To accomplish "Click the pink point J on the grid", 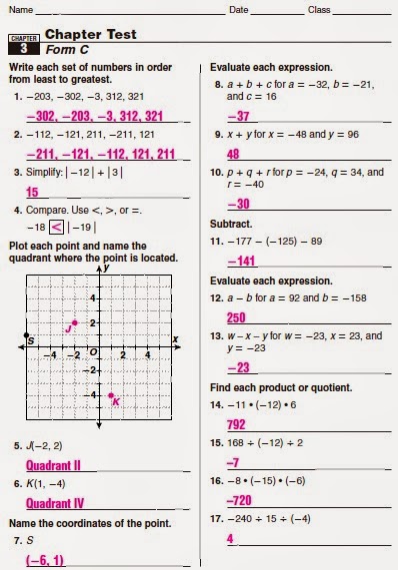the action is (75, 322).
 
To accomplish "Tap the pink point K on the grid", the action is (112, 395).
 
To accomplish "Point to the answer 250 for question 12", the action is (238, 318).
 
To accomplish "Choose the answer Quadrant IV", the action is (53, 503).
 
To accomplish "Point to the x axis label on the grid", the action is (175, 339).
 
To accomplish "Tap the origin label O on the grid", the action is (92, 351).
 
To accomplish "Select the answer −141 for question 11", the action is (241, 262).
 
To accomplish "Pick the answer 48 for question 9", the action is (233, 155).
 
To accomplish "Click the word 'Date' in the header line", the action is (238, 9).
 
